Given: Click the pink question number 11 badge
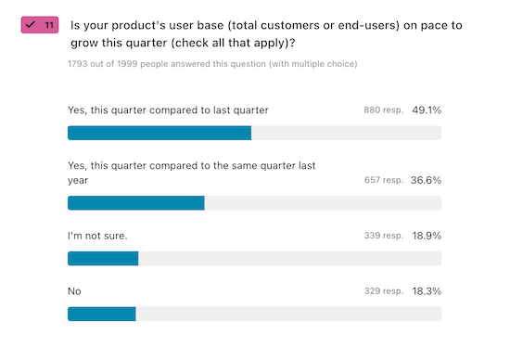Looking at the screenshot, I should click(40, 25).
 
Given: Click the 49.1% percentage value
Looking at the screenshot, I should click(427, 109).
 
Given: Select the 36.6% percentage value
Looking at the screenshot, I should click(427, 180).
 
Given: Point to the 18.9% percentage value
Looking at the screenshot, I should click(427, 236).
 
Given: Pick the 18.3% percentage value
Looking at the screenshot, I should click(427, 291).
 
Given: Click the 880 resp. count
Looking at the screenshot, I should click(383, 110).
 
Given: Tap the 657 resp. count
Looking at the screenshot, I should click(383, 180).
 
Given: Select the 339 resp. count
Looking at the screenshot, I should click(383, 236).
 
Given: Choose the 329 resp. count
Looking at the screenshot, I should click(383, 291).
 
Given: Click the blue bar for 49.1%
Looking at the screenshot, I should click(159, 133).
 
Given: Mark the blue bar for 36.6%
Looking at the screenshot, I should click(136, 203).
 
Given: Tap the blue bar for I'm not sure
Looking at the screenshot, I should click(103, 258).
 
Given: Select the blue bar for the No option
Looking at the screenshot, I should click(102, 314).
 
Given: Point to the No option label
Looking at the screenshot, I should click(75, 291).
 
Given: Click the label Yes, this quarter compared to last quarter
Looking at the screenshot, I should click(168, 109).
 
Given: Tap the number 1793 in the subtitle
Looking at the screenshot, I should click(80, 64).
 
